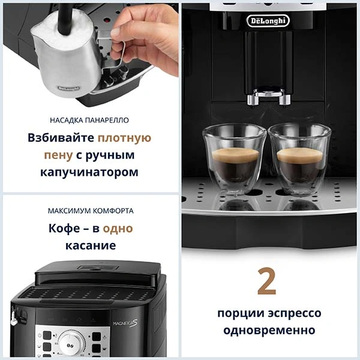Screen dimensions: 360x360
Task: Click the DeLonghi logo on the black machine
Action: click(x=268, y=21)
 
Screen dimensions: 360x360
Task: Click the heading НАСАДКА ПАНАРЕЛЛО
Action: click(x=91, y=120)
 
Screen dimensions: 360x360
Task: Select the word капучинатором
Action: click(x=90, y=172)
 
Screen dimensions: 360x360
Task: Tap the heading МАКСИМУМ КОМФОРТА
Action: click(x=91, y=211)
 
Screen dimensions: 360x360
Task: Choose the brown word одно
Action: click(x=118, y=229)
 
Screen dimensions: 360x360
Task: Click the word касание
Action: click(x=91, y=246)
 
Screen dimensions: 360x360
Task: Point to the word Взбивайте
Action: click(x=61, y=137)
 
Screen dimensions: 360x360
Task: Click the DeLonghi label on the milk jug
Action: click(x=70, y=88)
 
